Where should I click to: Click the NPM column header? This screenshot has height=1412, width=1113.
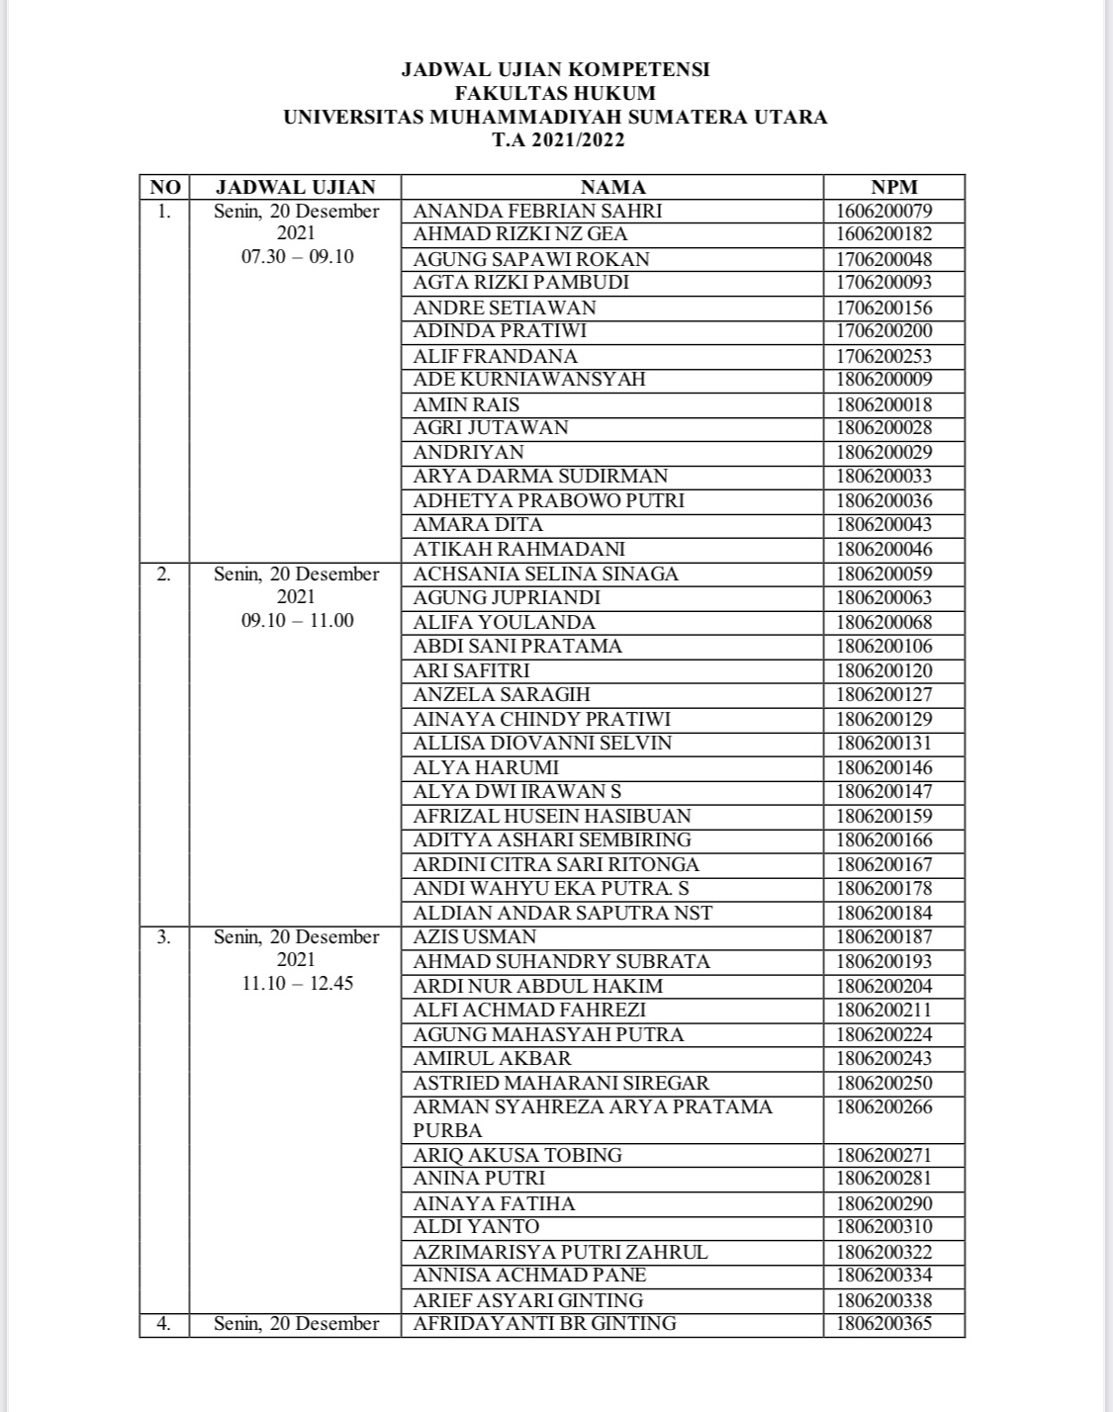[x=894, y=187]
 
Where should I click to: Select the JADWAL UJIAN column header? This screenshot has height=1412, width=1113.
[x=296, y=187]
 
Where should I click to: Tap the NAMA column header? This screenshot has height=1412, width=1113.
[x=612, y=187]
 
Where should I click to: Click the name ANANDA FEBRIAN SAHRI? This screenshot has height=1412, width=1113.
[x=537, y=211]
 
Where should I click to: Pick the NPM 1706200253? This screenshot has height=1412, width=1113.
[x=883, y=356]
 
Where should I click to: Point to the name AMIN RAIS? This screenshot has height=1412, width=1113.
[x=466, y=404]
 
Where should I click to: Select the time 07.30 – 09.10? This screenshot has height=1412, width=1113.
[x=298, y=257]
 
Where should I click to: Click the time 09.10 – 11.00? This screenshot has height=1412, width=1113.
[x=298, y=621]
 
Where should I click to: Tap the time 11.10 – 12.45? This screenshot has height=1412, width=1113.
[x=298, y=984]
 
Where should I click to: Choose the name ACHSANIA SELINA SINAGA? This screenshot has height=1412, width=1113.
[x=545, y=574]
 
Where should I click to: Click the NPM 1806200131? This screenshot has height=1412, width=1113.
[x=883, y=743]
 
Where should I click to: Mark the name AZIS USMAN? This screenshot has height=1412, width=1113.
[x=475, y=936]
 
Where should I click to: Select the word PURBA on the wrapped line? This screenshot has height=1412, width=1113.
[x=448, y=1130]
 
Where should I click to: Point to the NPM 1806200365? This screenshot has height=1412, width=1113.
[x=883, y=1323]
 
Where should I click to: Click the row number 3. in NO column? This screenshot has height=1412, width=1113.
[x=164, y=936]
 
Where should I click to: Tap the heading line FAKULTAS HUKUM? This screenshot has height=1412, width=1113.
[x=555, y=93]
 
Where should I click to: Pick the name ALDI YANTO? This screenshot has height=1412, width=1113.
[x=477, y=1226]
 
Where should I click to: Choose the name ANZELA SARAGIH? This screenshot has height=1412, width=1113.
[x=502, y=694]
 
